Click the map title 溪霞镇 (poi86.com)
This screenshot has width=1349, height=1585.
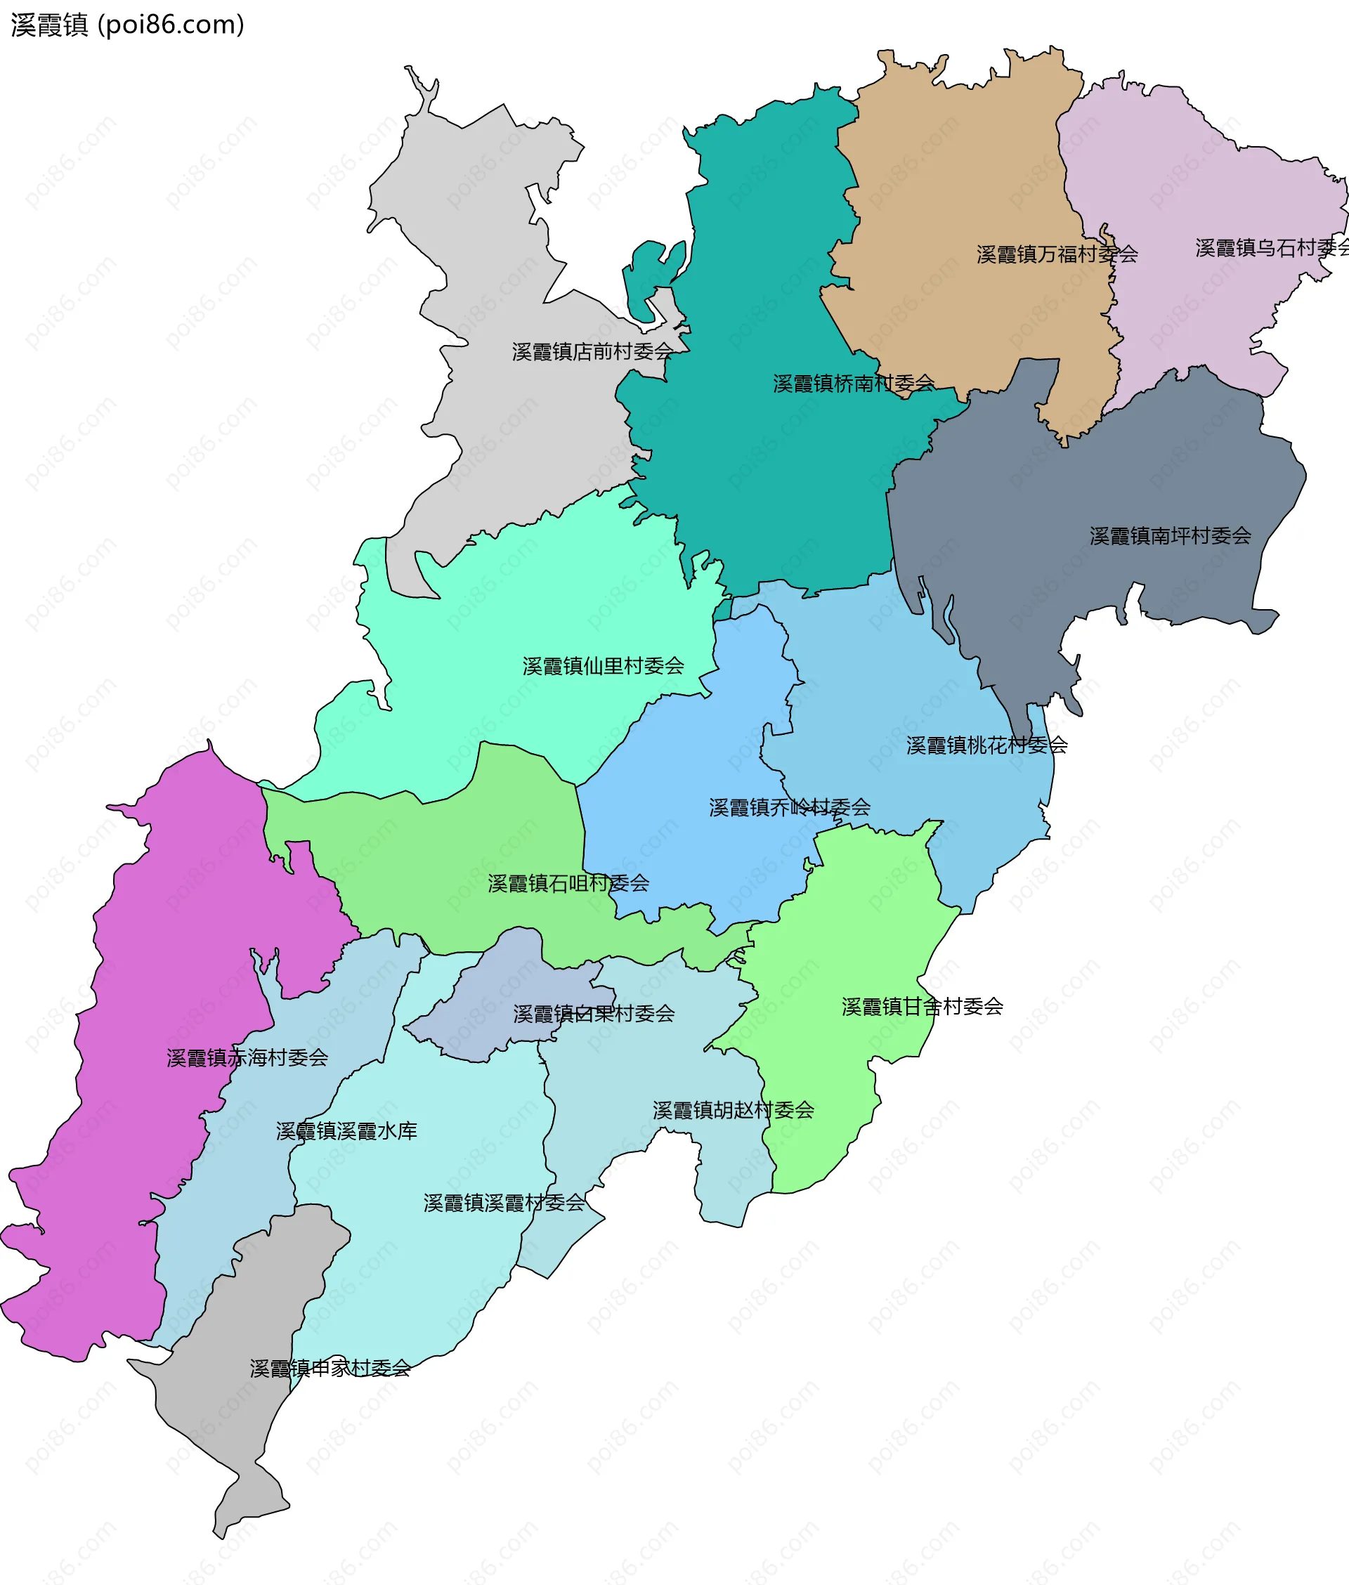128,25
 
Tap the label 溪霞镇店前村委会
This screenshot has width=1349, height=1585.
592,352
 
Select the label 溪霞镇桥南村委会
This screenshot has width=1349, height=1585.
854,384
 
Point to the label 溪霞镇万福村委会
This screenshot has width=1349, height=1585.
1057,254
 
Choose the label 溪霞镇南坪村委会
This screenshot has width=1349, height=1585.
1170,536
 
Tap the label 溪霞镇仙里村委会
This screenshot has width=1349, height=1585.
603,666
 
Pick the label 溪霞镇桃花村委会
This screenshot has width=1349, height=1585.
986,745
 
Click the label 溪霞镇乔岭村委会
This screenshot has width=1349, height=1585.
789,807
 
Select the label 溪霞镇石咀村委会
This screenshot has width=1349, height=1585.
568,884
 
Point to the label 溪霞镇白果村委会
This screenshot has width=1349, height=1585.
594,1014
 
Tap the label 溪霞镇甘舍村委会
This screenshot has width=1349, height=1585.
923,1007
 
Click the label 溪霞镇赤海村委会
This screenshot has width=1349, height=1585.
247,1057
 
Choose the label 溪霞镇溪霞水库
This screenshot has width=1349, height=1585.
346,1131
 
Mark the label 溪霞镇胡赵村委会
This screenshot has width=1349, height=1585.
733,1110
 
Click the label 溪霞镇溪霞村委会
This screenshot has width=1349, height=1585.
504,1203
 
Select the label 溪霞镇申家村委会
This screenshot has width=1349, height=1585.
330,1369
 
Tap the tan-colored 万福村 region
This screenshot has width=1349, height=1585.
956,168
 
